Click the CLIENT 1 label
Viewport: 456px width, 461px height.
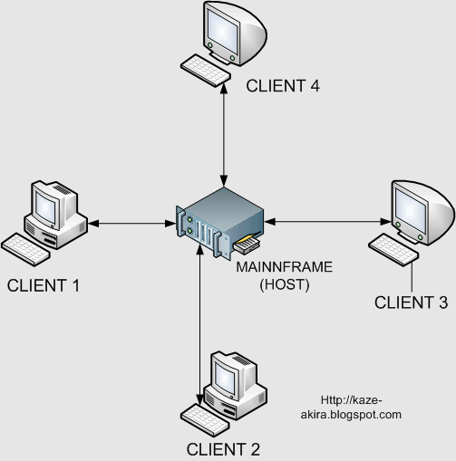click(44, 285)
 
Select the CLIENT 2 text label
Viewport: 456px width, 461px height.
click(223, 448)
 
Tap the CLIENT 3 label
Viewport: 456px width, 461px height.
click(411, 303)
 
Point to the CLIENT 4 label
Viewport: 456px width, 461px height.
click(284, 87)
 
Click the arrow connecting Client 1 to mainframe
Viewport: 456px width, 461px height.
click(131, 223)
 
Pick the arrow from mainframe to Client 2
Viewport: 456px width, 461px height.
click(199, 326)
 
